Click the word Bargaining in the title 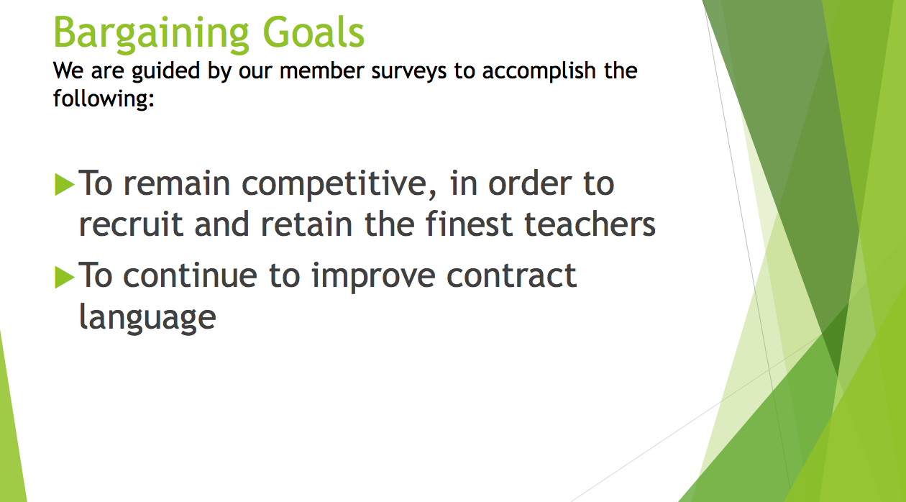151,34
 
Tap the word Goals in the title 314,32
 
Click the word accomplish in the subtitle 539,72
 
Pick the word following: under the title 104,99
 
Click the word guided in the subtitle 166,72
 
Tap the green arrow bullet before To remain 65,184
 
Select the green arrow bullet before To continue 65,277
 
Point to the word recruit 131,224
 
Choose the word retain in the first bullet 306,225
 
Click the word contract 512,276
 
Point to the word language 147,319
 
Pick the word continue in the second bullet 190,275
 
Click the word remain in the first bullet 177,183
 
